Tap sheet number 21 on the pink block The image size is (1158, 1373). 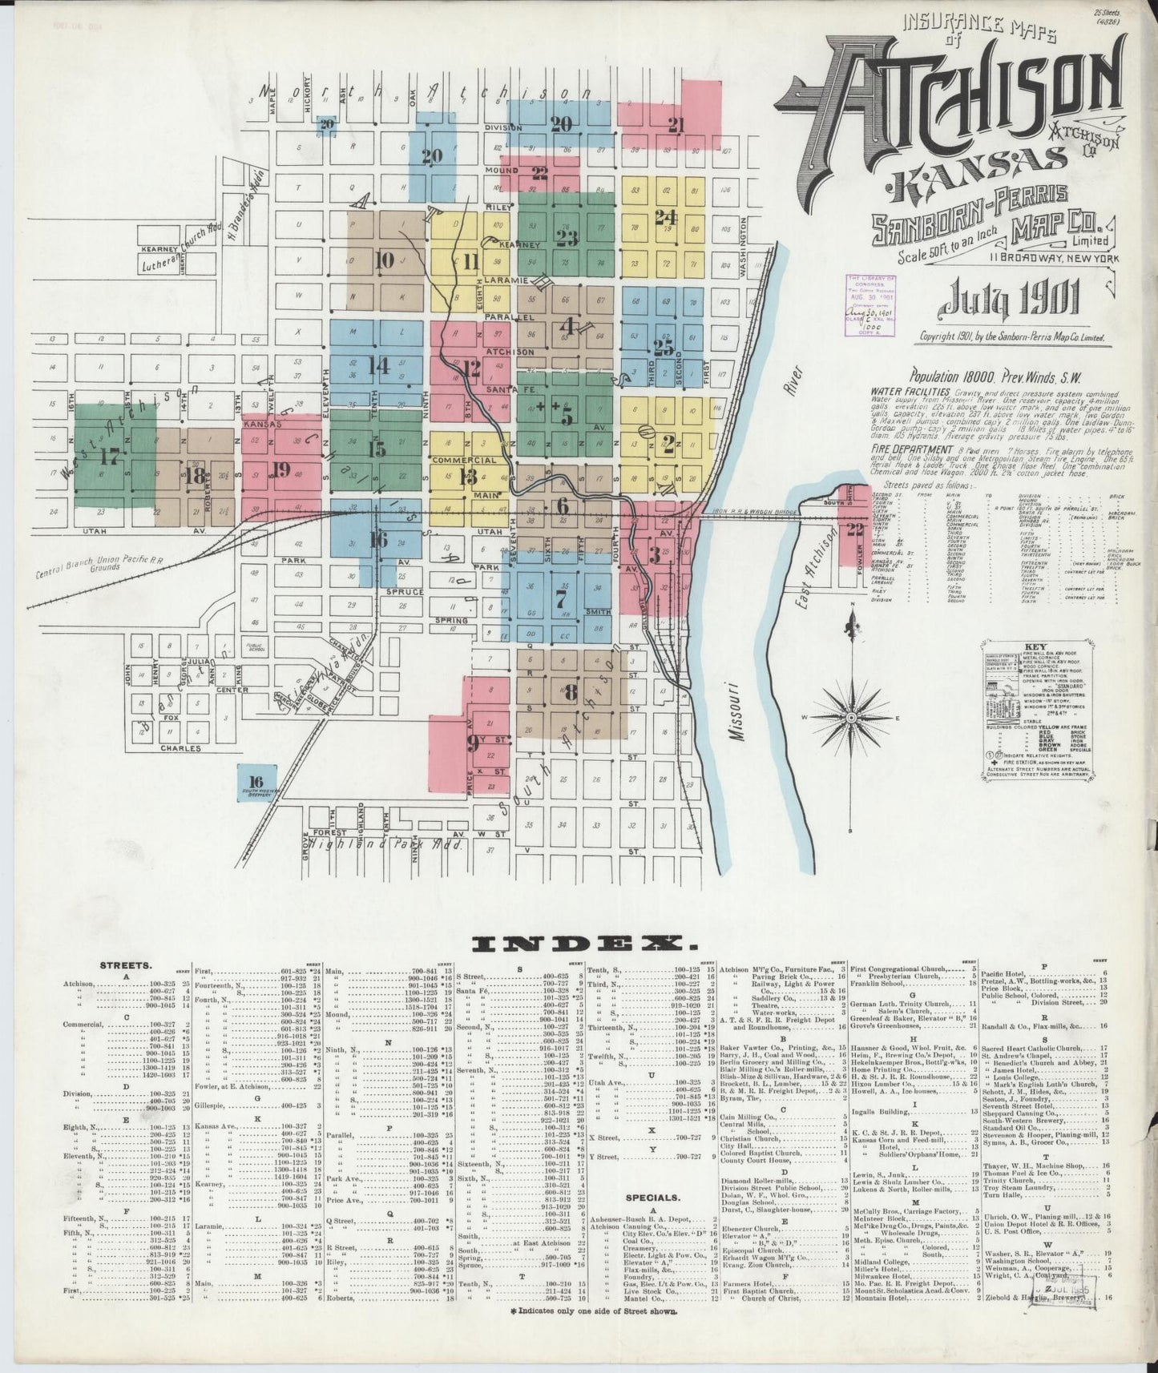676,124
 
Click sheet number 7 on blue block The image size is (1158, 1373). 561,598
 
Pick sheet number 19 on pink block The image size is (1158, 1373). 280,469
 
